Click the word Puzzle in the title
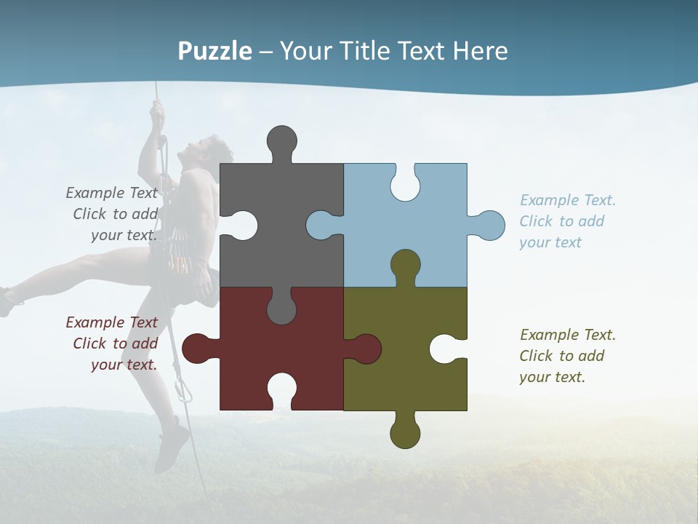click(215, 52)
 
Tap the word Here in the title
click(480, 52)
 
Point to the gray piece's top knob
click(281, 140)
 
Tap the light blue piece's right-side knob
click(490, 226)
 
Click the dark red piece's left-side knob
click(196, 349)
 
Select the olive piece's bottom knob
click(405, 434)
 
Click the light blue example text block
click(566, 221)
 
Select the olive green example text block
click(566, 356)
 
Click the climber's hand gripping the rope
click(156, 113)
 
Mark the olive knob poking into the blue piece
click(405, 263)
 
